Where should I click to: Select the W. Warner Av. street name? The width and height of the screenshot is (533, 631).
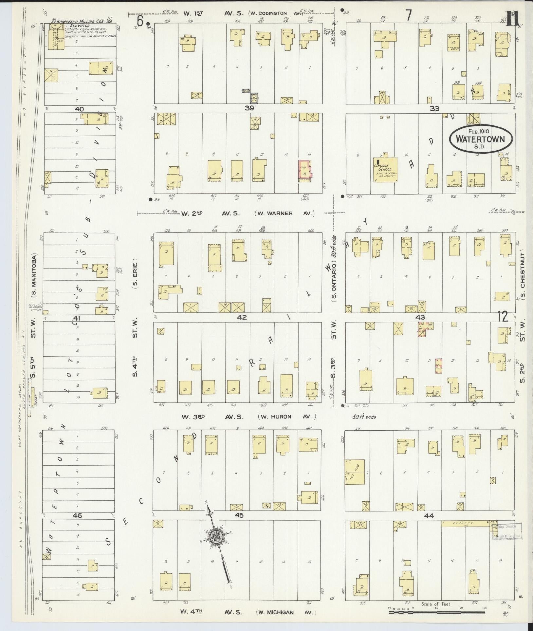[284, 213]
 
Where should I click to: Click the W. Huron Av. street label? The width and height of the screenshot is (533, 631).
[287, 417]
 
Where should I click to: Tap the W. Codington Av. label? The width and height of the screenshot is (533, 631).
[275, 13]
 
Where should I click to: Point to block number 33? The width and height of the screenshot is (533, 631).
[434, 108]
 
